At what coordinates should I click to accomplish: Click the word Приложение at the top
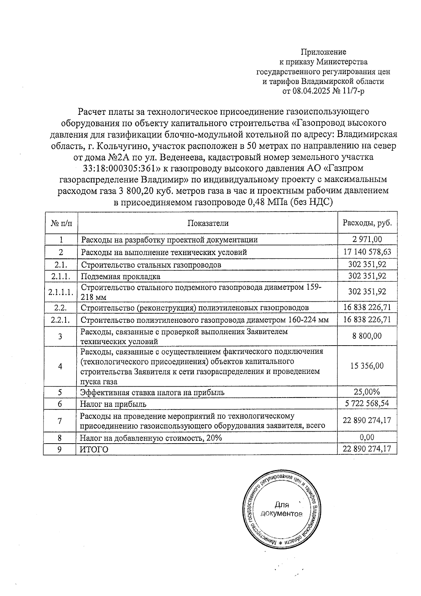tap(323, 52)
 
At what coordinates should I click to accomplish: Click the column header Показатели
tap(208, 223)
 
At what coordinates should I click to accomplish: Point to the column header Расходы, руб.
tap(367, 223)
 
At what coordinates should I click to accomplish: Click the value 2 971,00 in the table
tap(367, 240)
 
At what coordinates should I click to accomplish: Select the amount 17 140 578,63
tap(367, 252)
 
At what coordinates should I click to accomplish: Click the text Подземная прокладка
tap(121, 276)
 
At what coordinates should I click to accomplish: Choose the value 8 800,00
tap(367, 336)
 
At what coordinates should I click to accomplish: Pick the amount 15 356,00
tap(367, 366)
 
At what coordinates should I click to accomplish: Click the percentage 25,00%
tap(367, 392)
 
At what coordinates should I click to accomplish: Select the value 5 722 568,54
tap(367, 404)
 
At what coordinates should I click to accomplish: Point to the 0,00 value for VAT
tap(367, 438)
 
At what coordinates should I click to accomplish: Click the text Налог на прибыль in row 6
tap(113, 404)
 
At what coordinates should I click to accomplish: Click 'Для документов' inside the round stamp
tap(282, 509)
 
